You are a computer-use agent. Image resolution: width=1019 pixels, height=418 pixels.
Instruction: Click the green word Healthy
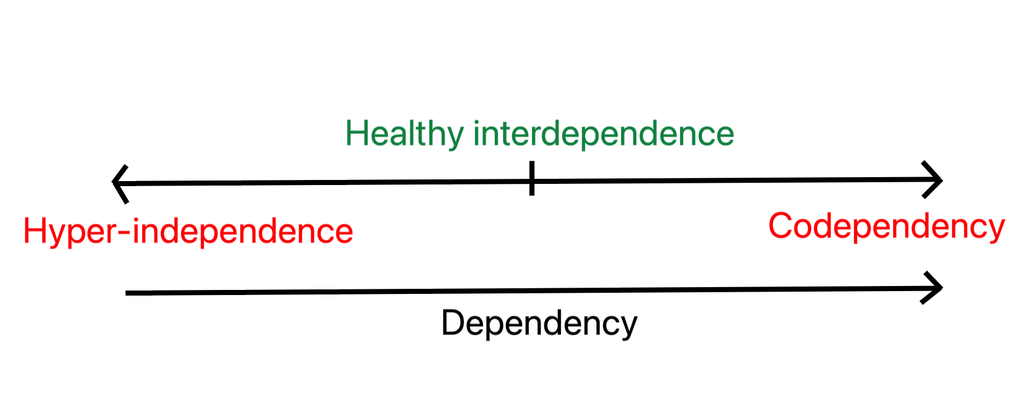404,134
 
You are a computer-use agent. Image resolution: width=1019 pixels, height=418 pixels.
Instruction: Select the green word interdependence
603,134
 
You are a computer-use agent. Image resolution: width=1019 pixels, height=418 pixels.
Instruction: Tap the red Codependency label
886,226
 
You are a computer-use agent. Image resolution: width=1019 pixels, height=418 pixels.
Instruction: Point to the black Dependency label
539,323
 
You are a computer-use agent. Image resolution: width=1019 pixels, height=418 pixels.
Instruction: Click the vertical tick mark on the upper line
532,178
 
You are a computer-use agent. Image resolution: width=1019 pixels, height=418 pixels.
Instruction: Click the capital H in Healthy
357,134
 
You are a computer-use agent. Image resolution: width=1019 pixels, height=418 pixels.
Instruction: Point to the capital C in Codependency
781,226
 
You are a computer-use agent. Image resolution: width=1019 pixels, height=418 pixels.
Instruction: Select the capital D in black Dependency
453,323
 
